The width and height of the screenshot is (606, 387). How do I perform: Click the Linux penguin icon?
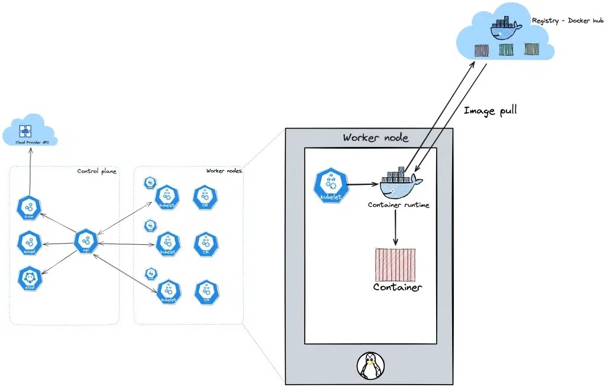click(x=370, y=366)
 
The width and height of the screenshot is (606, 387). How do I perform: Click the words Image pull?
click(x=490, y=110)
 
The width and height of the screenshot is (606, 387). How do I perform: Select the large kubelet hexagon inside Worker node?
click(x=330, y=185)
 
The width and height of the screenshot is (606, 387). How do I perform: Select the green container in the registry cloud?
click(x=505, y=50)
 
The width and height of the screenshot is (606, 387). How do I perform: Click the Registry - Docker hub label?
click(x=568, y=21)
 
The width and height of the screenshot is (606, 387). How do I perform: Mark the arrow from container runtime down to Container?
click(x=395, y=228)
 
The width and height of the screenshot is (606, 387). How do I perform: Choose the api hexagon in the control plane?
click(x=86, y=242)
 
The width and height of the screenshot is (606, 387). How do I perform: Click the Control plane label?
click(x=96, y=171)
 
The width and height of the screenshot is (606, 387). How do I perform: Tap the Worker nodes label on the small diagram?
click(x=224, y=171)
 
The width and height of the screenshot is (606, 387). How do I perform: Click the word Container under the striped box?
click(x=397, y=287)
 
